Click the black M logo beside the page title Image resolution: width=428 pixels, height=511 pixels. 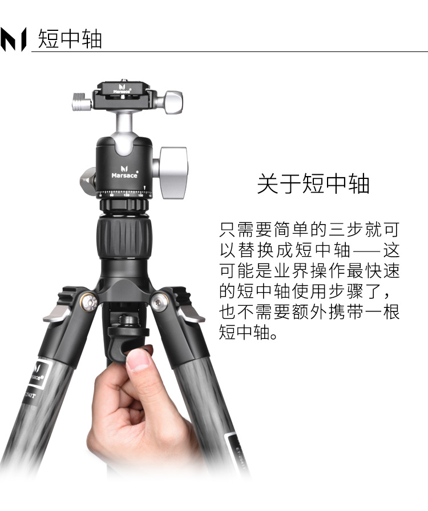click(13, 39)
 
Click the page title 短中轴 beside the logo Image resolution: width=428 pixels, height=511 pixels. click(70, 39)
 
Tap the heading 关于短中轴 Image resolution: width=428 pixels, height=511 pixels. click(313, 183)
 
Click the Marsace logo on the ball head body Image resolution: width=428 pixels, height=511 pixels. click(124, 171)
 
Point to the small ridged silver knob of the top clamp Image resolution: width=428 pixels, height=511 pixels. click(82, 102)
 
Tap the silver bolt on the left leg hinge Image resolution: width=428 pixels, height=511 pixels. click(88, 302)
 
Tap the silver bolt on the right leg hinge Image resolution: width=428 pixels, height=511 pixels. click(160, 301)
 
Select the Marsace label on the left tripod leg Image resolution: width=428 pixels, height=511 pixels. click(38, 373)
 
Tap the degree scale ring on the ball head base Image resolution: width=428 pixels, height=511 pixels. click(124, 194)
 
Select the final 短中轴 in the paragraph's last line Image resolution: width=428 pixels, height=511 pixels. click(244, 332)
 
